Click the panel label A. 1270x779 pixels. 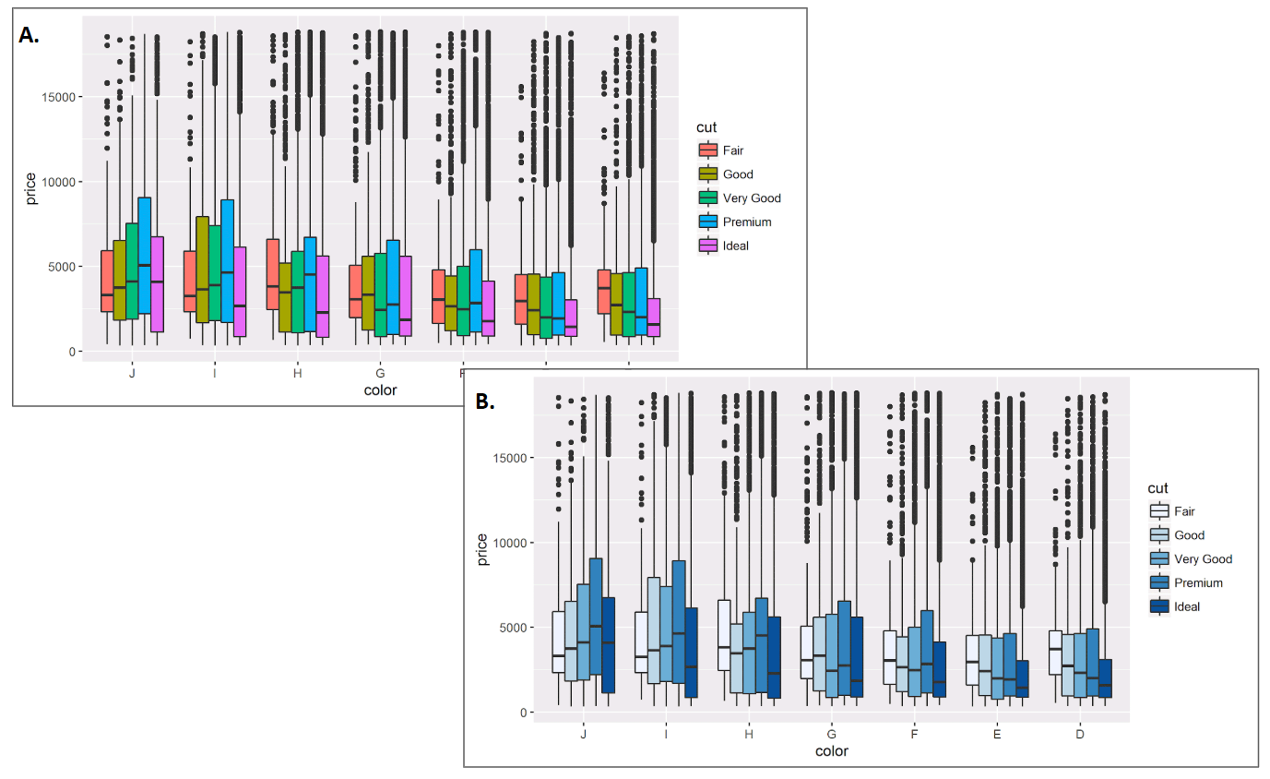coord(30,36)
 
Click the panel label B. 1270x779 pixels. coord(484,401)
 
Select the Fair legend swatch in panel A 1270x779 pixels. coord(708,150)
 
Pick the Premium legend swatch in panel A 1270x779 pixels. coord(708,222)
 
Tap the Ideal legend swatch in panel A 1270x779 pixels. coord(708,246)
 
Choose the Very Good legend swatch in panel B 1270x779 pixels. coord(1159,559)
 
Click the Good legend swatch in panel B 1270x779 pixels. coord(1159,535)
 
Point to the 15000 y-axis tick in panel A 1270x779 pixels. coord(59,97)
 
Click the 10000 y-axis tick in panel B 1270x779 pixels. coord(510,543)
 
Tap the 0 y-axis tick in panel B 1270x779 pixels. coord(524,713)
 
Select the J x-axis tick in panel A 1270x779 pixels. coord(133,374)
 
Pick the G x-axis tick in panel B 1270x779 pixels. coord(831,735)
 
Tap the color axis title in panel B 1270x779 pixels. coord(831,751)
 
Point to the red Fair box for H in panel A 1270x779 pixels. coord(272,273)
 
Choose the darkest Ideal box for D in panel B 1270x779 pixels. coord(1105,678)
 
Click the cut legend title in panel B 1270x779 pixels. coord(1157,487)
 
